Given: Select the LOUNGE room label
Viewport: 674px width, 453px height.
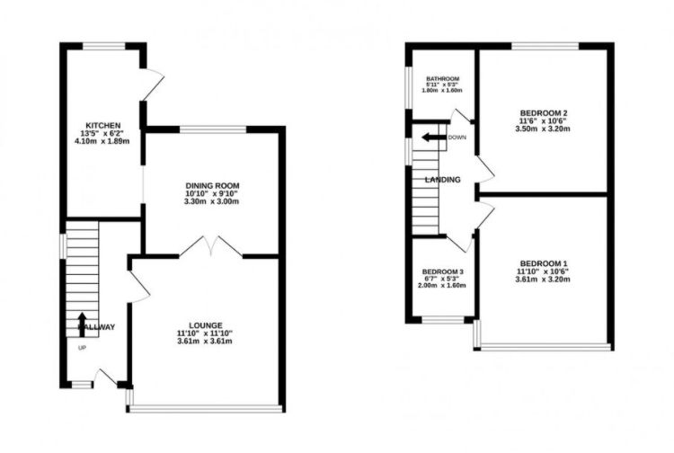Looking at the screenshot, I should (205, 324).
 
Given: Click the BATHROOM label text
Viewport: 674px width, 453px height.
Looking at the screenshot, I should (442, 78).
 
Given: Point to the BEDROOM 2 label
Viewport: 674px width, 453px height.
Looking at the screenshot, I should (543, 112).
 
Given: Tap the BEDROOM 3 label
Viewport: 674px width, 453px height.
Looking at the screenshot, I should (443, 271).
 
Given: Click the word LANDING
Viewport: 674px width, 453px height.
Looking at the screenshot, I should (444, 180).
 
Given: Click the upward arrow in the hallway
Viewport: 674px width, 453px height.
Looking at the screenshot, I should (83, 322).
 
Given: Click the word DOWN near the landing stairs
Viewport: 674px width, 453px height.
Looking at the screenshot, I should (457, 138).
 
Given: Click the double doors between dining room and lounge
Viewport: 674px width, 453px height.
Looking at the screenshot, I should (210, 246).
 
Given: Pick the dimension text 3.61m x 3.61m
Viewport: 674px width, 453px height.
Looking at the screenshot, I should (205, 342).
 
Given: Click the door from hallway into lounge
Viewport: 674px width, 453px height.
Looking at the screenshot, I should (137, 286).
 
